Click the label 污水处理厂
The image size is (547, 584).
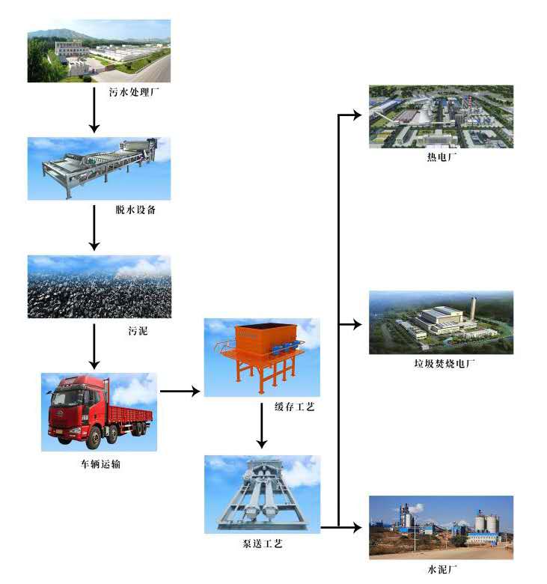point(134,92)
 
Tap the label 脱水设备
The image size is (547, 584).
point(135,210)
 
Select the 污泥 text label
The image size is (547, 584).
point(138,331)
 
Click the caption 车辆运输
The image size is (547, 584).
point(100,464)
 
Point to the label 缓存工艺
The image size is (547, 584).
point(295,407)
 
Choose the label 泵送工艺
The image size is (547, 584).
point(263,544)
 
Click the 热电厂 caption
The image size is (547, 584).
point(441,157)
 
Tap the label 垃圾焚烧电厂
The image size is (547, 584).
point(444,364)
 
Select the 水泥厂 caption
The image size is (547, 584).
point(442,569)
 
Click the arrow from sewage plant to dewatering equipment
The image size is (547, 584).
point(94,110)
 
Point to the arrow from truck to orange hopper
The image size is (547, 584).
point(180,391)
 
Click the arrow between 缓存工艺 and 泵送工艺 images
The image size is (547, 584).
point(262,426)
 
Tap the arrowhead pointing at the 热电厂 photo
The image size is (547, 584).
point(357,115)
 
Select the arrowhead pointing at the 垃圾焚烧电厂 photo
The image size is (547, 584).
point(357,325)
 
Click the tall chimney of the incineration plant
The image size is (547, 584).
point(473,309)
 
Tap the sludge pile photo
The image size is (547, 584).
point(100,287)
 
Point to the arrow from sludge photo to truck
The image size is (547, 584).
point(94,347)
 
